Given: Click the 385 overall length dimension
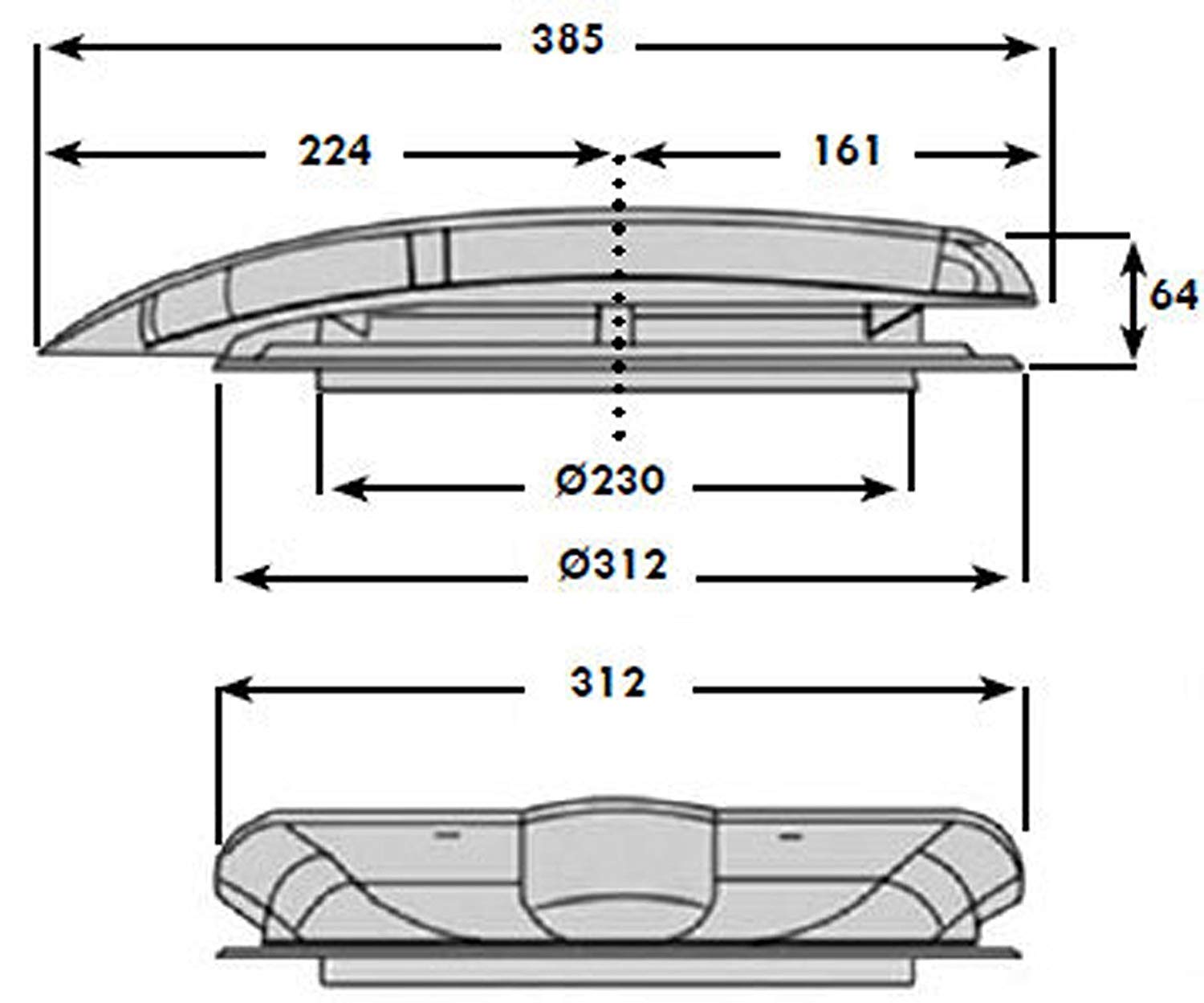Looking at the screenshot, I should (x=567, y=40).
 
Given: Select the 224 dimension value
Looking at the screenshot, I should (x=335, y=150).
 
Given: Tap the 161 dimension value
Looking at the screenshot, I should (x=847, y=150).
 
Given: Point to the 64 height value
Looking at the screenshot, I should (x=1173, y=295).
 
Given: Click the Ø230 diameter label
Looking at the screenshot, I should (x=611, y=481).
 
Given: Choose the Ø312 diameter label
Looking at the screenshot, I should (x=612, y=566).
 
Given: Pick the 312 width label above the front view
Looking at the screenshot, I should (x=608, y=683).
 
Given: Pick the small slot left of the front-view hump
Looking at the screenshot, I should (x=447, y=835).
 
